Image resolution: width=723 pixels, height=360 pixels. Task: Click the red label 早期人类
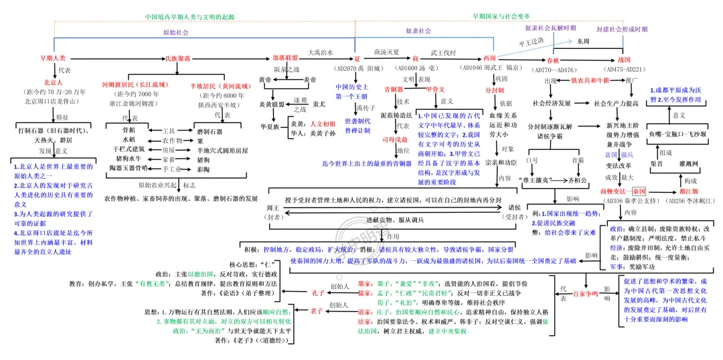tap(53, 59)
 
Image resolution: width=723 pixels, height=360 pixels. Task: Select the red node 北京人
tap(54, 82)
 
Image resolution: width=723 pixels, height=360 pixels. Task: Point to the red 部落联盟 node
tap(286, 59)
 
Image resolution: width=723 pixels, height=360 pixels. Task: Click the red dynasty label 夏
tap(357, 59)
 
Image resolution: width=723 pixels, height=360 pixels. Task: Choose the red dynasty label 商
tap(415, 59)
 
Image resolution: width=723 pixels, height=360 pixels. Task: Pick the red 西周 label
tap(489, 59)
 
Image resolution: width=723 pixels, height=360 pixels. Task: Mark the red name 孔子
tap(317, 292)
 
